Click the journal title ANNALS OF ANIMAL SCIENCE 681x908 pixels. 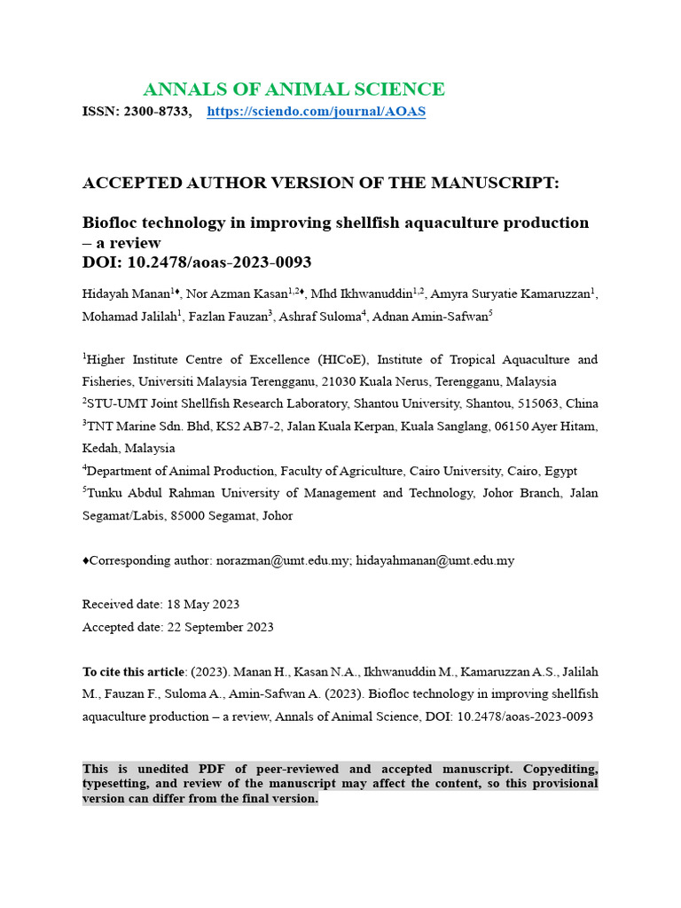tap(294, 90)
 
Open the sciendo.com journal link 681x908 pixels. tap(316, 112)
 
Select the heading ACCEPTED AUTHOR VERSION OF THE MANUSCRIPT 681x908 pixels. tap(321, 184)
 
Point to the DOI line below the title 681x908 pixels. tap(197, 262)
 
